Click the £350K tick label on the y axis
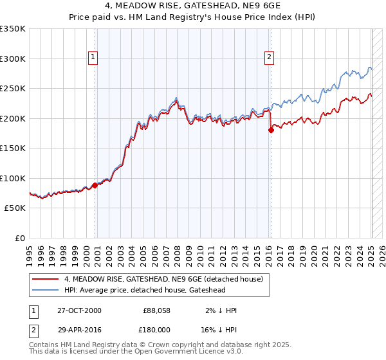[x=13, y=29]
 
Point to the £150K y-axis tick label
[x=13, y=148]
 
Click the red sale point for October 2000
[x=95, y=185]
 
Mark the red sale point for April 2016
[x=271, y=130]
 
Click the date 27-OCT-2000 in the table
[x=79, y=310]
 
